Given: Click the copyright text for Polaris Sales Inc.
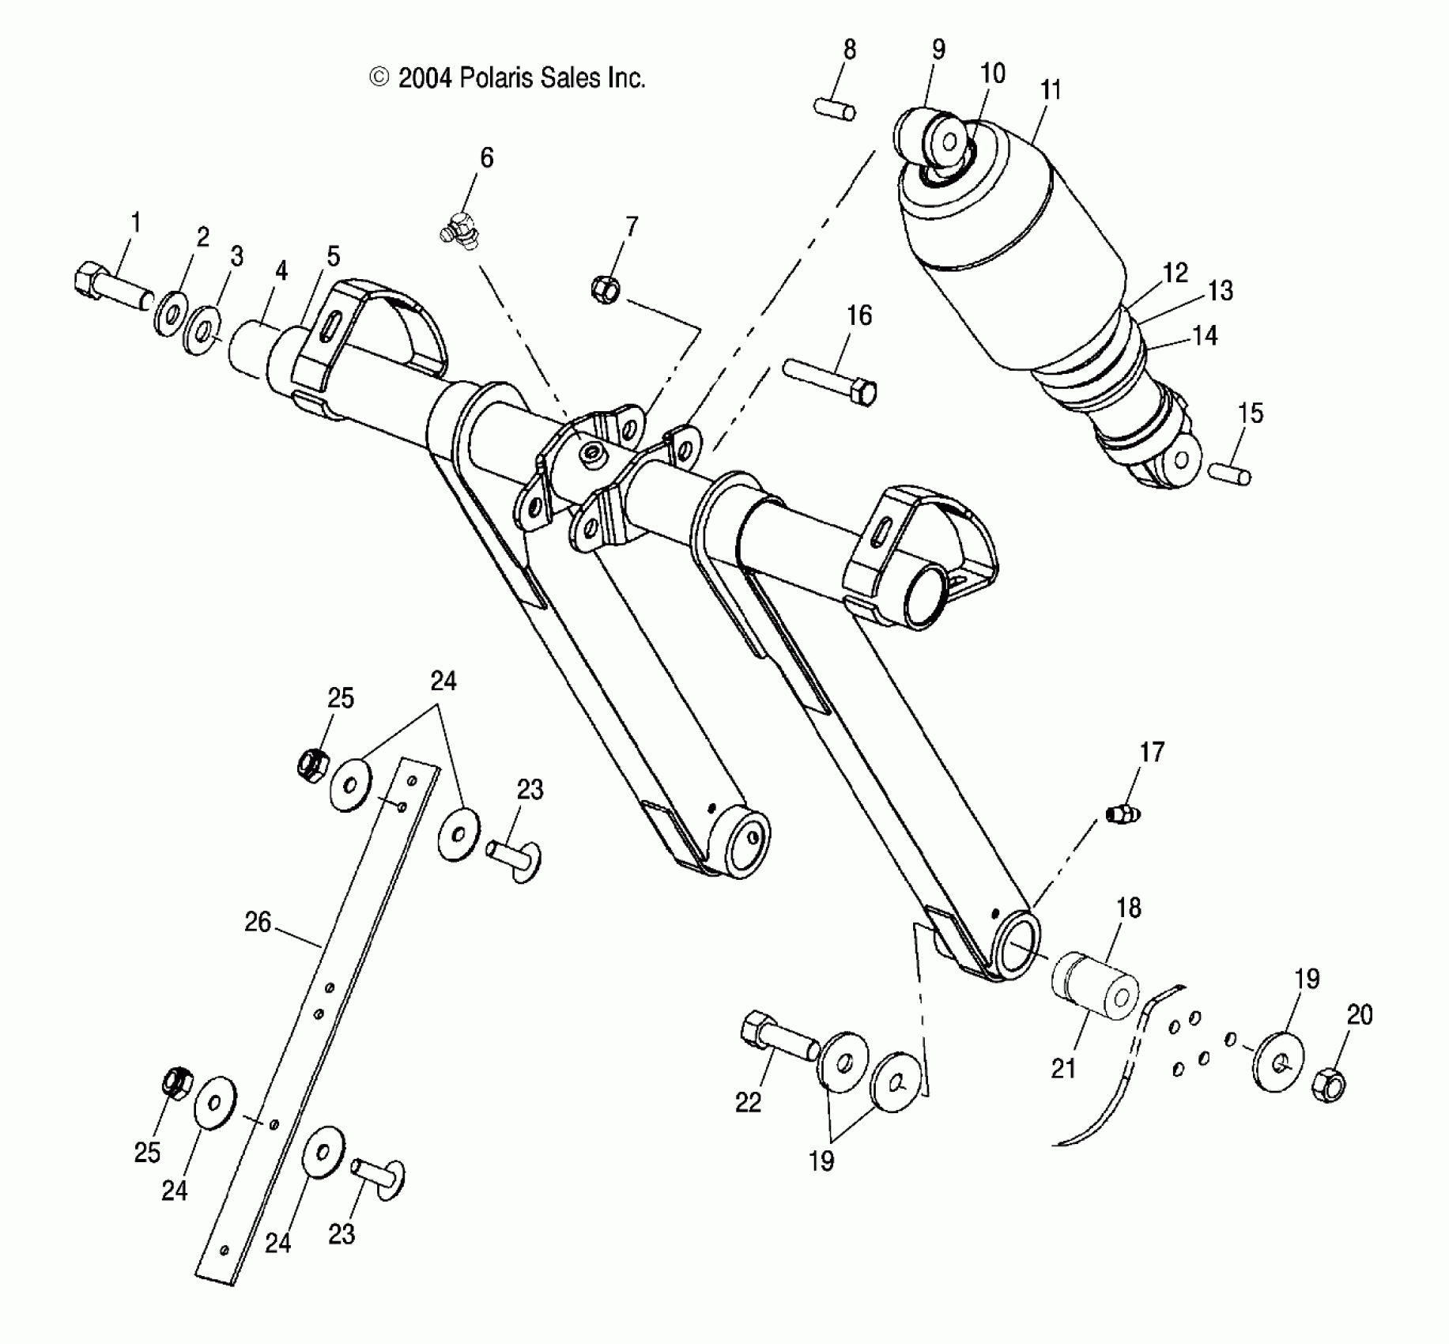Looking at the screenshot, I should tap(508, 77).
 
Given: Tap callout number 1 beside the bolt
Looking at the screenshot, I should tap(135, 223).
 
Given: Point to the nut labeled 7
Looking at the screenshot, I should tap(605, 289).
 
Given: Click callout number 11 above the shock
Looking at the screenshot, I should tap(1050, 89).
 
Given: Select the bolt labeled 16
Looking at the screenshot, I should tap(831, 382).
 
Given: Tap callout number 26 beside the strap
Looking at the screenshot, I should tap(258, 922).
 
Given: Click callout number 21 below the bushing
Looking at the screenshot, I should tap(1063, 1068).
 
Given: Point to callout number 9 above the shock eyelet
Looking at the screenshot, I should tap(938, 49).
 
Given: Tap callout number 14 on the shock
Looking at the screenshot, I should tap(1204, 336).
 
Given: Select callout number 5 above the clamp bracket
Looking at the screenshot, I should tap(333, 256).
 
